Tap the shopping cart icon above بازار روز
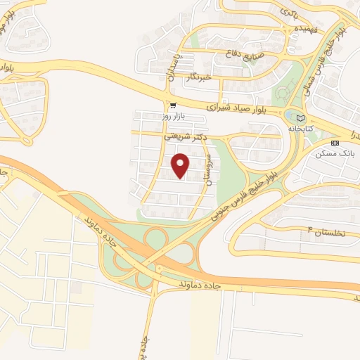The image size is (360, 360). [x=173, y=105]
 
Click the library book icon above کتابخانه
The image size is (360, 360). [x=301, y=118]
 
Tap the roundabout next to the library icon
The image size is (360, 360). [x=290, y=115]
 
